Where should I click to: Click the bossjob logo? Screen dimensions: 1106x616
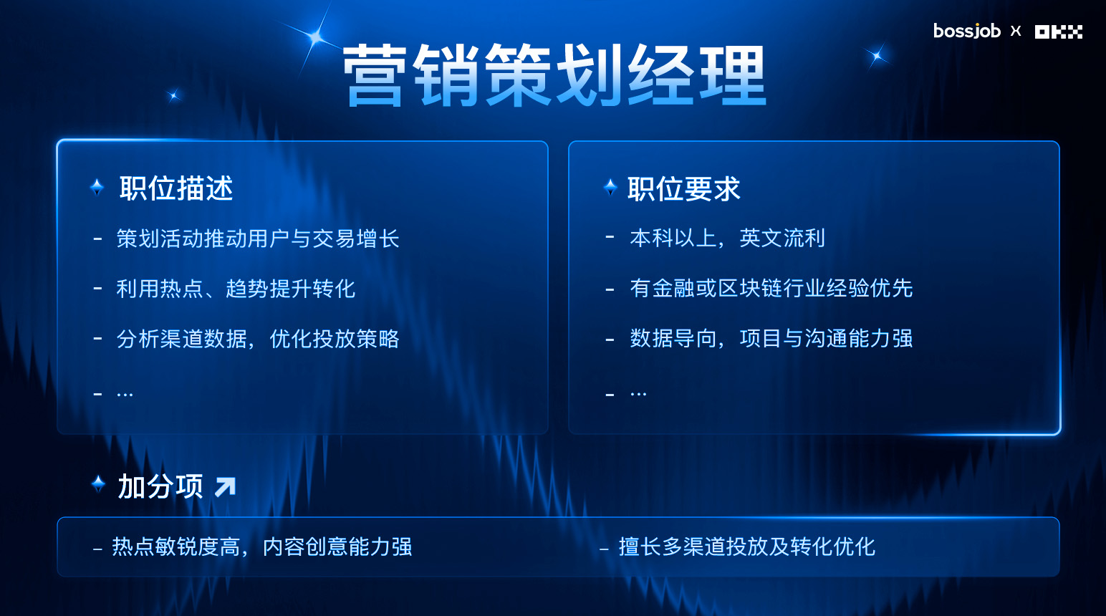click(967, 31)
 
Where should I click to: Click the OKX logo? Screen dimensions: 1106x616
click(1059, 32)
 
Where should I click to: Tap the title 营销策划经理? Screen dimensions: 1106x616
click(554, 74)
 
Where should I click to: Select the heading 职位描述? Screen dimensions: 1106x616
click(175, 188)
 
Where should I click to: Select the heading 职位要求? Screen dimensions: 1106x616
click(684, 188)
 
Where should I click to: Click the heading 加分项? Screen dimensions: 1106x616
click(160, 486)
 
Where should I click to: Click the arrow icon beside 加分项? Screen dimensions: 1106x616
click(226, 486)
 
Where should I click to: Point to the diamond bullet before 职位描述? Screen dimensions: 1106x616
click(97, 187)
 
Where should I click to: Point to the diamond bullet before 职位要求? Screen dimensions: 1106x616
click(610, 187)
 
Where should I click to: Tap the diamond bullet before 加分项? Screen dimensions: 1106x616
click(98, 483)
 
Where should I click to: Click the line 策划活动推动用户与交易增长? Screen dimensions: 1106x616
click(258, 239)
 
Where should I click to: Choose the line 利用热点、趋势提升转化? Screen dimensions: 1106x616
click(236, 289)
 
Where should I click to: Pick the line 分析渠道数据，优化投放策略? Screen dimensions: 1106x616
click(258, 339)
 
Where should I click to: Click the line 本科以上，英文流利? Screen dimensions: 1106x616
click(727, 238)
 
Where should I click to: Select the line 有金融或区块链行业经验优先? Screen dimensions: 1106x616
click(771, 288)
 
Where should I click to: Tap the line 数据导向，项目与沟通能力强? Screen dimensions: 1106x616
click(771, 339)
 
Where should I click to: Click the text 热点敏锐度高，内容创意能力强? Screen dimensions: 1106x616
click(262, 547)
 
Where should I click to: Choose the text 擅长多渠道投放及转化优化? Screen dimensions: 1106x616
click(747, 547)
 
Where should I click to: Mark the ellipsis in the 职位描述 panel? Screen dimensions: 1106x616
click(125, 395)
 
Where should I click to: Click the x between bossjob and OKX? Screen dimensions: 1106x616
click(1016, 31)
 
